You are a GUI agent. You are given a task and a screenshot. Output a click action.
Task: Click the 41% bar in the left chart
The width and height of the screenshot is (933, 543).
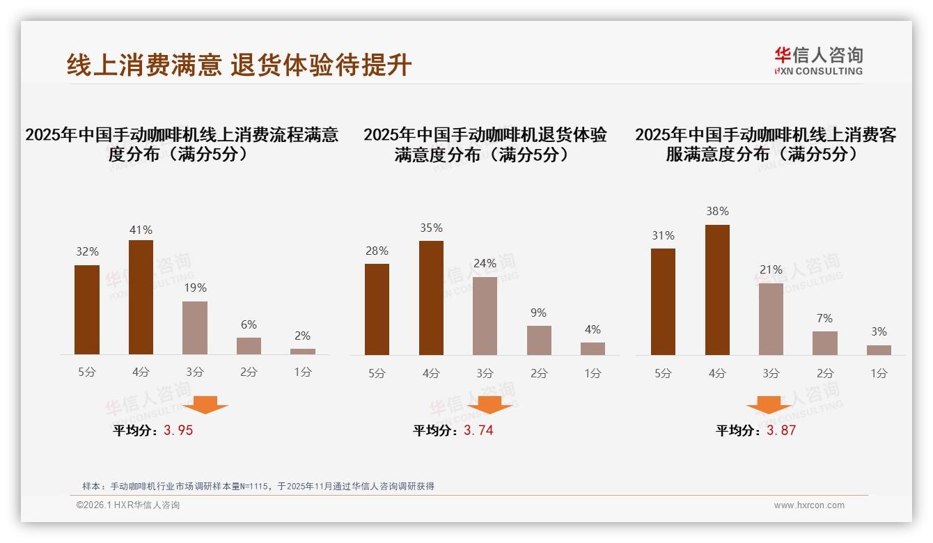click(141, 297)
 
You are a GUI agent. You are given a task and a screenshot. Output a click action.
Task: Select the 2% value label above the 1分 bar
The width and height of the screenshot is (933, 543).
click(302, 336)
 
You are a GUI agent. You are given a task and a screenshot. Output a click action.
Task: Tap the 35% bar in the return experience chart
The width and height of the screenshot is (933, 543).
click(431, 298)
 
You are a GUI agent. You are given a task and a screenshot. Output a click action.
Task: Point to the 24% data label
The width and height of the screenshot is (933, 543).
click(485, 263)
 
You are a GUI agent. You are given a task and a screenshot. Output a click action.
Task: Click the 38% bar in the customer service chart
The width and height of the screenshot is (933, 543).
click(717, 290)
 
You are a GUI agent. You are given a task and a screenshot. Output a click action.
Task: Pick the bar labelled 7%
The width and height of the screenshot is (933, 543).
click(825, 343)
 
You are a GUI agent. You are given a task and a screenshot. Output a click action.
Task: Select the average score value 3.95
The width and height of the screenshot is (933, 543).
click(178, 430)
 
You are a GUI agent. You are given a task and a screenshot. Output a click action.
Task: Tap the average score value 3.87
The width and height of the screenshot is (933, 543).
click(781, 430)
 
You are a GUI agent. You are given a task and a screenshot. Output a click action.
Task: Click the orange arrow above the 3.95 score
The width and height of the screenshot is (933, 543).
click(205, 404)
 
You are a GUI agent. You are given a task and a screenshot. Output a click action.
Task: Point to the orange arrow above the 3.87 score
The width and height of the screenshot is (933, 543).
click(769, 404)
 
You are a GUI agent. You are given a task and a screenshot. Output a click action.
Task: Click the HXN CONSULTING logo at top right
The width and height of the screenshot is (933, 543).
click(818, 61)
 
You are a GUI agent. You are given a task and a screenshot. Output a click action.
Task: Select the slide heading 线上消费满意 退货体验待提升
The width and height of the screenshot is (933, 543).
click(239, 65)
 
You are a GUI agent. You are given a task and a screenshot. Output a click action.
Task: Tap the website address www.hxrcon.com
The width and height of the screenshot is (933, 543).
click(809, 505)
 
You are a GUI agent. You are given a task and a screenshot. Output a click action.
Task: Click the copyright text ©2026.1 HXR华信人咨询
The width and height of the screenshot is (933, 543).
click(128, 505)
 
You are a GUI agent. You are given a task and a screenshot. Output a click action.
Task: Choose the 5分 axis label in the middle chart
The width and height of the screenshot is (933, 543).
click(377, 373)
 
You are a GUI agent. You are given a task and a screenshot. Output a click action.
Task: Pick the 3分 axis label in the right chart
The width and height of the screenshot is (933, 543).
click(771, 373)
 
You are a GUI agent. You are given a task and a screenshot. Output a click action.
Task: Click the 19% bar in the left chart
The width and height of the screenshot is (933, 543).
click(195, 328)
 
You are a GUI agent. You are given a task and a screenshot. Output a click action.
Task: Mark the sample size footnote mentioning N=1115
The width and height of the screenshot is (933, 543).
click(258, 486)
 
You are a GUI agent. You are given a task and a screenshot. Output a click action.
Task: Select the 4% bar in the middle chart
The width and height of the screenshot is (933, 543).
click(593, 349)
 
